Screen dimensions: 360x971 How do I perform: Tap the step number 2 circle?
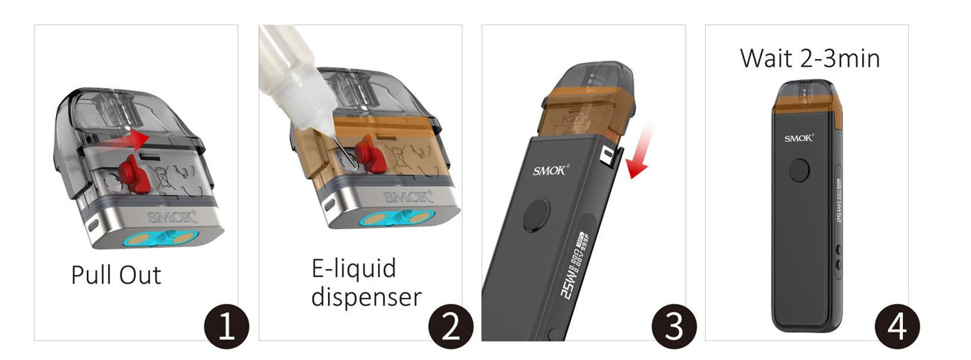point(450,328)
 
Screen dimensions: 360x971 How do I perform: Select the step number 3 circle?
point(674,328)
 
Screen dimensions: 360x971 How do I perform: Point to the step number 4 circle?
point(898,328)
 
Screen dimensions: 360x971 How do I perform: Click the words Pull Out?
point(116,275)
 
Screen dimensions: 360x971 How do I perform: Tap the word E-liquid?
point(353,268)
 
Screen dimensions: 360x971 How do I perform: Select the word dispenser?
point(366,297)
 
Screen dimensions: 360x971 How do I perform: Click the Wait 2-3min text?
point(810,58)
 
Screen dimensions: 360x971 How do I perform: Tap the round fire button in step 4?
point(800,170)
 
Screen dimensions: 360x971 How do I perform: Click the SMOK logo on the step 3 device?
point(551,170)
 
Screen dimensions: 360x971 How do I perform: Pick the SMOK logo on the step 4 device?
point(799,137)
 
